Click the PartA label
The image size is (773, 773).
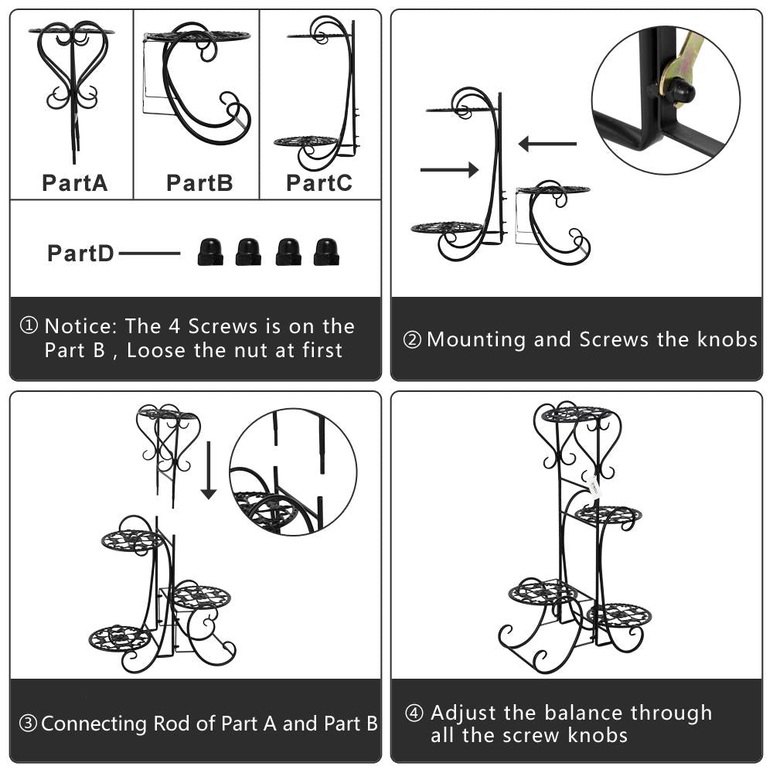pyautogui.click(x=74, y=183)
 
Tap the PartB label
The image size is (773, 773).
pyautogui.click(x=199, y=183)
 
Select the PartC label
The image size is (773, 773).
pyautogui.click(x=319, y=183)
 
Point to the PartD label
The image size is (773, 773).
pyautogui.click(x=80, y=254)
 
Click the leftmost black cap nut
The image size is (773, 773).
pyautogui.click(x=210, y=253)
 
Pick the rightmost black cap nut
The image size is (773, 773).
pyautogui.click(x=326, y=253)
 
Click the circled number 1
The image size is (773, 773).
pyautogui.click(x=29, y=325)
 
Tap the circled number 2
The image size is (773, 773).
pyautogui.click(x=412, y=339)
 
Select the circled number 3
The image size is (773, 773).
pyautogui.click(x=28, y=724)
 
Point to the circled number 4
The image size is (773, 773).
pyautogui.click(x=414, y=713)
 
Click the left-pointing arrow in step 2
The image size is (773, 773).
pyautogui.click(x=548, y=144)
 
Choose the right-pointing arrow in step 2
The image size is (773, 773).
pyautogui.click(x=449, y=169)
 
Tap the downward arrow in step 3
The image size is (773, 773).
pyautogui.click(x=209, y=470)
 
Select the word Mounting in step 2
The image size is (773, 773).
pyautogui.click(x=476, y=340)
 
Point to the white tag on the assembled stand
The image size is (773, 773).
pyautogui.click(x=594, y=485)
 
